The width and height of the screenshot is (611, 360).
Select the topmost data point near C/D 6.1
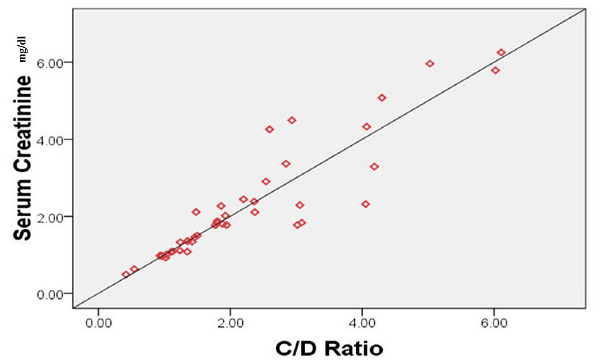[501, 53]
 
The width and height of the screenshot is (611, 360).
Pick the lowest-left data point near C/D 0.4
[126, 274]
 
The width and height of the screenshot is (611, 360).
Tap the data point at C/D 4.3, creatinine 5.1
[382, 98]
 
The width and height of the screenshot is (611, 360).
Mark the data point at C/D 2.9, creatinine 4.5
[292, 120]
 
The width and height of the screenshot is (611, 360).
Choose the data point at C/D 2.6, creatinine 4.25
[270, 130]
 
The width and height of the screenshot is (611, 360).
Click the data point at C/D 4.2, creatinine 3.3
[374, 167]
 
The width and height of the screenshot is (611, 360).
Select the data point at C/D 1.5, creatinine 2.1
[196, 212]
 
